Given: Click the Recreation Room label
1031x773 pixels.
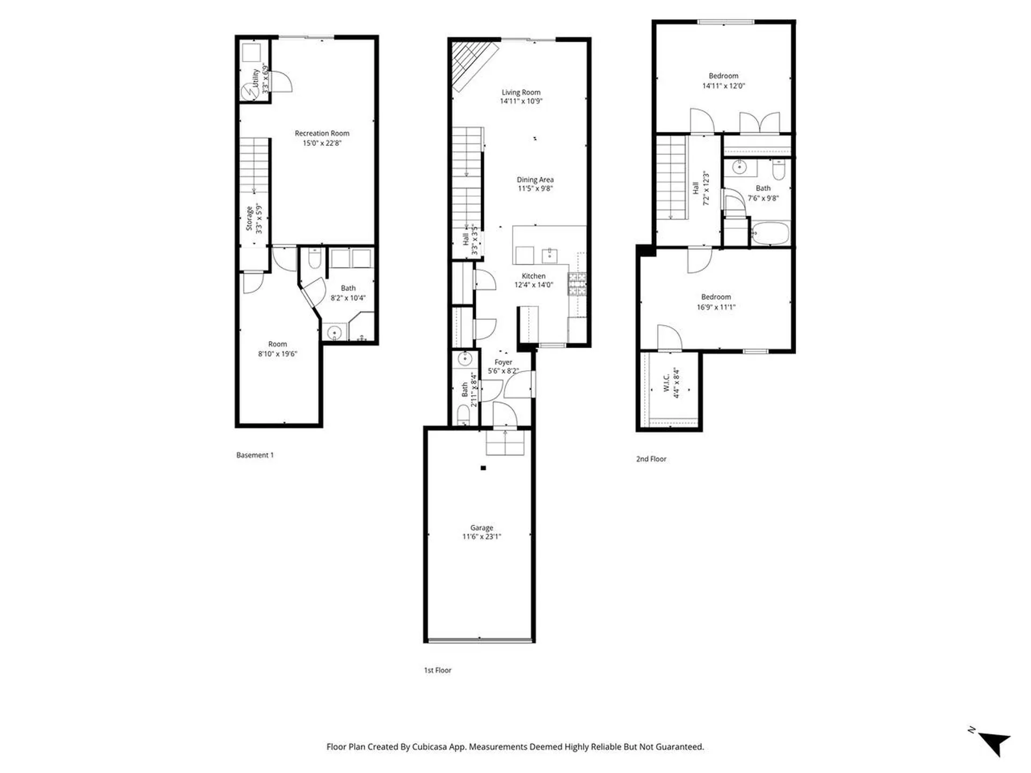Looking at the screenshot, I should [322, 133].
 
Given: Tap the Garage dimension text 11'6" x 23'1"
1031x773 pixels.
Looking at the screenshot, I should [482, 536].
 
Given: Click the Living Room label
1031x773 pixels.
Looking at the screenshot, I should [521, 92].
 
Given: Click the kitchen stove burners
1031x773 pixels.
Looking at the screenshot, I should [577, 284].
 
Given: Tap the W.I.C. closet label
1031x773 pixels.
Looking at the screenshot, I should [666, 383].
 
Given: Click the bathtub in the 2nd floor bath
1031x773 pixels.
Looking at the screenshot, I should [770, 234].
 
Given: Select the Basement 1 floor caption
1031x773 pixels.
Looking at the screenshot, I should [255, 455].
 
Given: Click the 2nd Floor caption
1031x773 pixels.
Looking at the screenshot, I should [651, 459].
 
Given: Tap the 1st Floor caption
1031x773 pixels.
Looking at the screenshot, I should [438, 670].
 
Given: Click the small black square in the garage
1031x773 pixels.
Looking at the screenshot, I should [483, 468].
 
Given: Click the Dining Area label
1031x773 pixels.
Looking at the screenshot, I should [535, 180].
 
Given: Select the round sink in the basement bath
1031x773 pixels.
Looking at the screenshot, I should [335, 333].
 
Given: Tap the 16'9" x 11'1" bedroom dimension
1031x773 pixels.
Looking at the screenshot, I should [716, 307].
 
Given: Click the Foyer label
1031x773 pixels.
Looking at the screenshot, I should [503, 362].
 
